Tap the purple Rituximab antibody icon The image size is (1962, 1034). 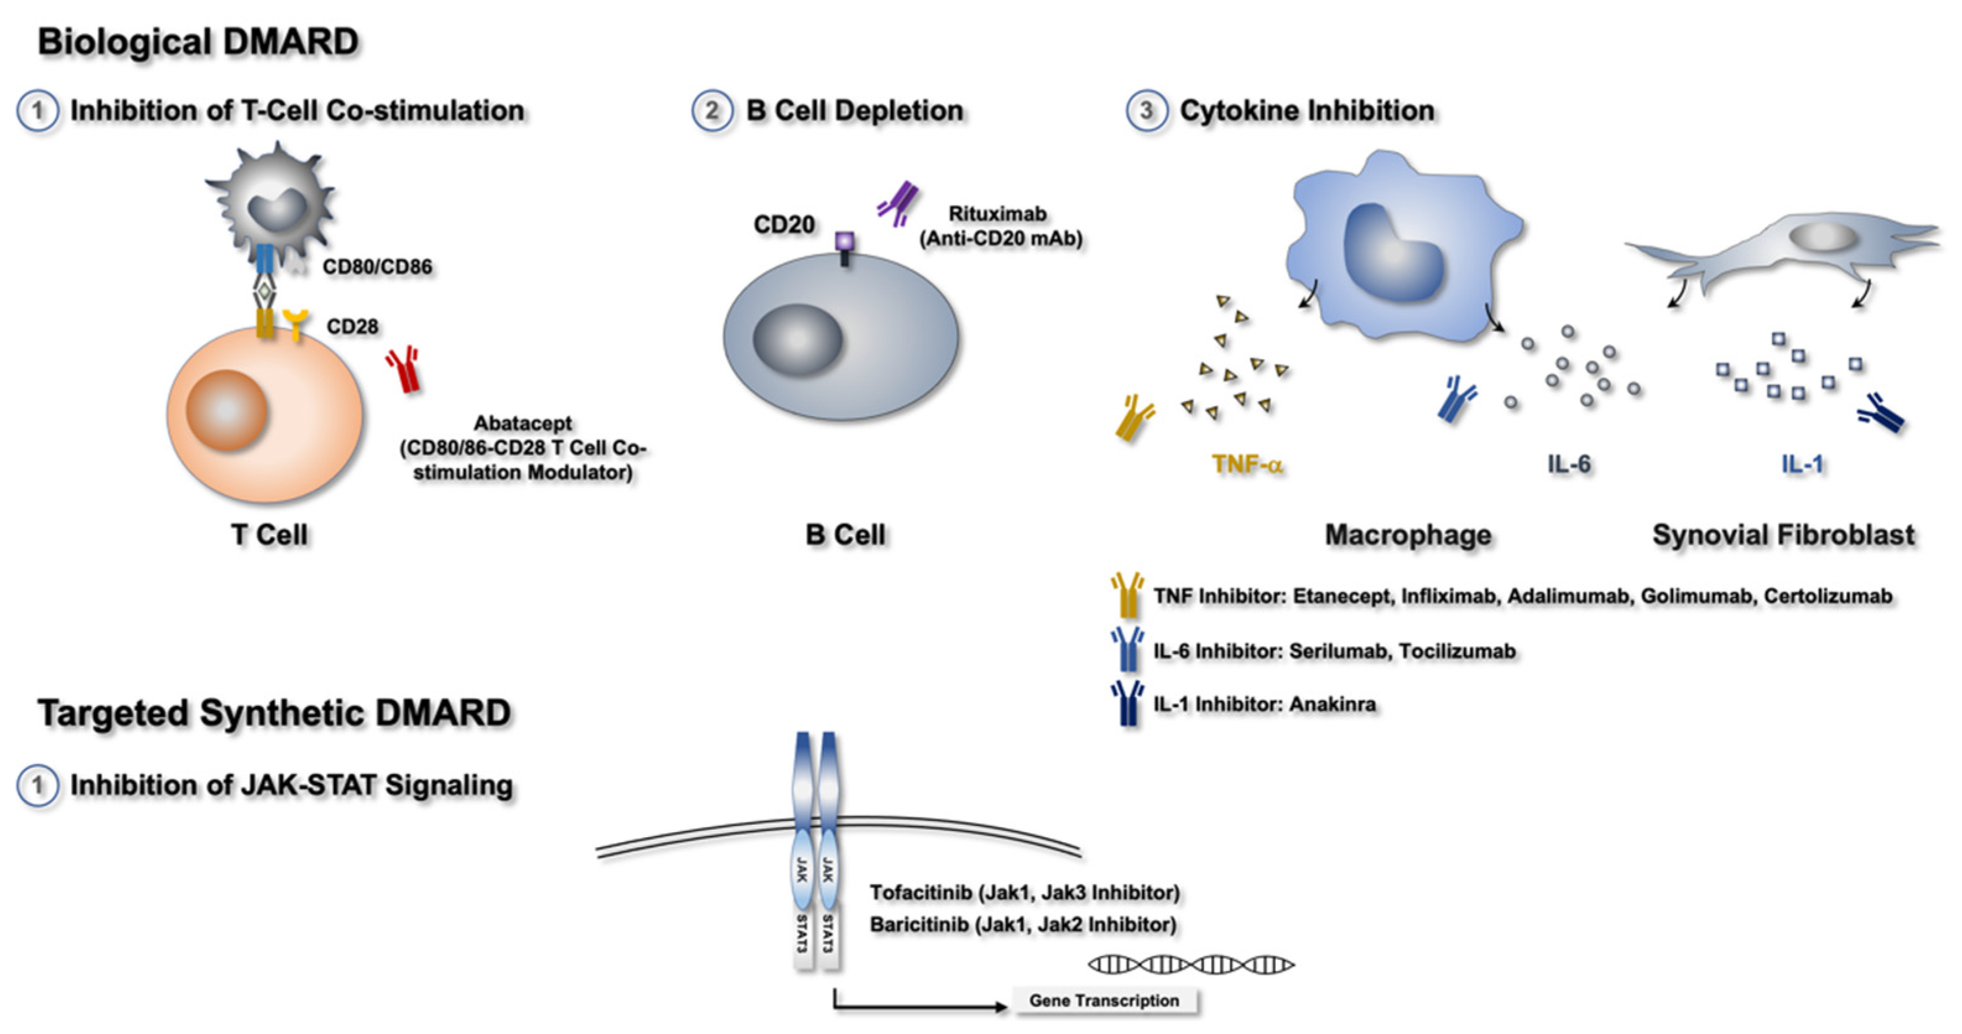coord(899,204)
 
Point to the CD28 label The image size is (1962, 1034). coord(352,327)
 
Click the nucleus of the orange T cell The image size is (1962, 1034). coord(226,410)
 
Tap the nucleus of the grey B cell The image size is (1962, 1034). coord(798,340)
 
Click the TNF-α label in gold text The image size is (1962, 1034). coord(1247,464)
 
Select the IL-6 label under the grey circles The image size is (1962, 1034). coord(1569,464)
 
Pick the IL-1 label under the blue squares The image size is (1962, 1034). coord(1802,464)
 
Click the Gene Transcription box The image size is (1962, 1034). coord(1104,1001)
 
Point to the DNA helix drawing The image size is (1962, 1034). coord(1191,965)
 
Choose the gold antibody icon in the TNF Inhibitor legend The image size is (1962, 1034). coord(1127,594)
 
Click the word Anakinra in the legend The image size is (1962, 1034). coord(1332,704)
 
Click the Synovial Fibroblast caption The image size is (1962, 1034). coord(1783,535)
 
